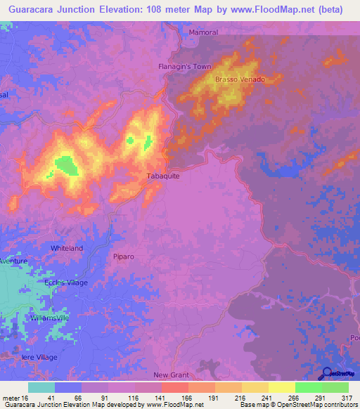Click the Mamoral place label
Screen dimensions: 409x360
[205, 33]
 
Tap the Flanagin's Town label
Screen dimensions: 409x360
[184, 67]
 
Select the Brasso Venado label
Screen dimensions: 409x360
[240, 79]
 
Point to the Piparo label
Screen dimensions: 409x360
[124, 257]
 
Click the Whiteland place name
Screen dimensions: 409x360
[67, 248]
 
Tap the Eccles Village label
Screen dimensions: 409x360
[65, 283]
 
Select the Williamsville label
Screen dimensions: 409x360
[50, 318]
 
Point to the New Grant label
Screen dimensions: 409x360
[171, 375]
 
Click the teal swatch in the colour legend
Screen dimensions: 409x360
[41, 387]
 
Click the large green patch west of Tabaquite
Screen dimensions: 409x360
[66, 166]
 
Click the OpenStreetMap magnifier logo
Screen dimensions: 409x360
[326, 373]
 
